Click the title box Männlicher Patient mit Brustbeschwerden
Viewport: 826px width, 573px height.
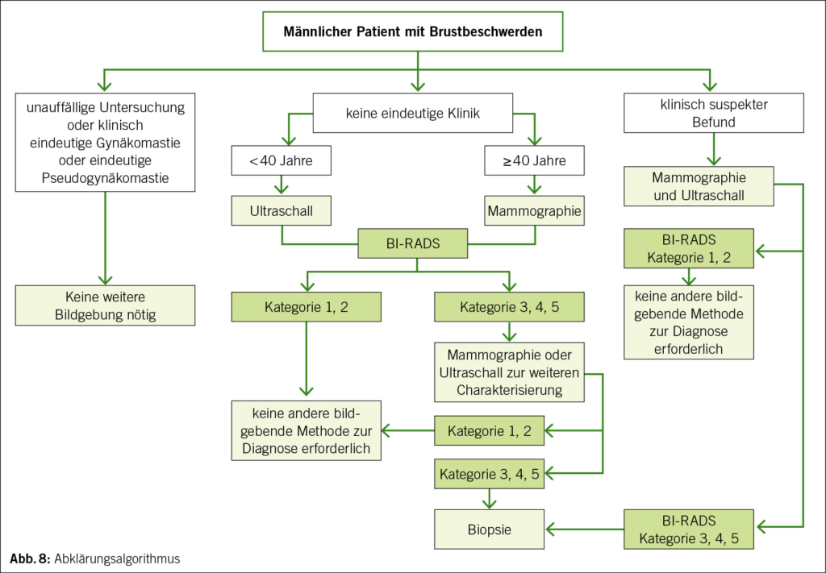(x=412, y=32)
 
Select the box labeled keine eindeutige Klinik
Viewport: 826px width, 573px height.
(x=412, y=114)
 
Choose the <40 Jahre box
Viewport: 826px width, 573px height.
(x=281, y=160)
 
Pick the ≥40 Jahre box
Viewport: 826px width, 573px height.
(x=534, y=160)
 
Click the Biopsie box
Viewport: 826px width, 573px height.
(x=490, y=529)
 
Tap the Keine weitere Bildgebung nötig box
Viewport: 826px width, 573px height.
(x=105, y=305)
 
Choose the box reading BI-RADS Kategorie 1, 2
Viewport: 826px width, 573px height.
(x=687, y=248)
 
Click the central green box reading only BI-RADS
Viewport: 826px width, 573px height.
(x=412, y=243)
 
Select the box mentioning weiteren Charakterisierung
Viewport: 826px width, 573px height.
(x=508, y=372)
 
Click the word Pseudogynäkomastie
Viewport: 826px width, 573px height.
(x=105, y=178)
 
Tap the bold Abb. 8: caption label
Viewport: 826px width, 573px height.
(x=31, y=558)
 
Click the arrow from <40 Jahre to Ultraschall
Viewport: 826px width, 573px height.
(x=281, y=185)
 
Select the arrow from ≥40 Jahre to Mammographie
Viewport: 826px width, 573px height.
(x=534, y=185)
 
